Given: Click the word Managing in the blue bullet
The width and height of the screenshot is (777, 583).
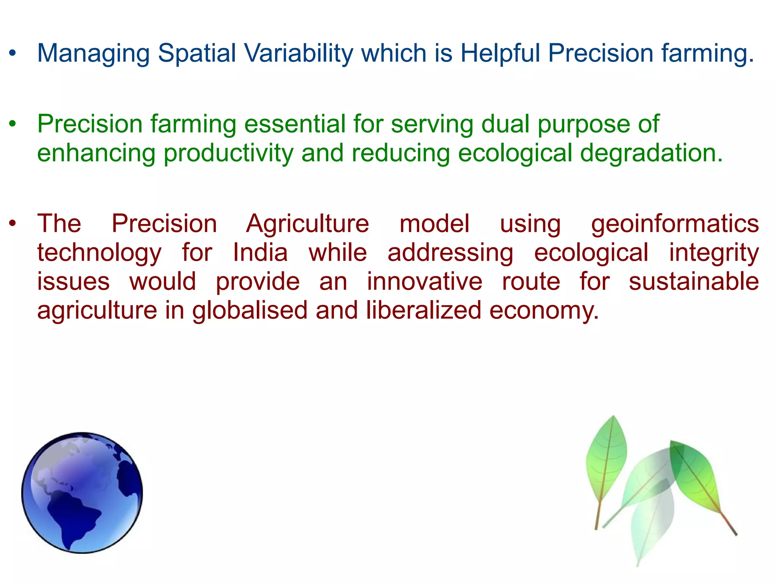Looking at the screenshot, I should [93, 53].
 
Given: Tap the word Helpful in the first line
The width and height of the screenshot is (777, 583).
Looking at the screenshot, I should [500, 53].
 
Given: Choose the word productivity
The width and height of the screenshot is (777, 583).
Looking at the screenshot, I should [228, 153].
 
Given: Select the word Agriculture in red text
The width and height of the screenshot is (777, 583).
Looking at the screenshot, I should [307, 224].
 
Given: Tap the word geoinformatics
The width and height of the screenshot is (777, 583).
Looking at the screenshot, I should [675, 224].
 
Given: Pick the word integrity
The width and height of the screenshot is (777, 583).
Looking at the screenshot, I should [714, 253].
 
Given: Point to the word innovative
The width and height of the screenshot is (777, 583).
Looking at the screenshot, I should [425, 282].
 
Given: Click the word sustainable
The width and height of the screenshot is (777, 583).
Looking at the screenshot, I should [694, 282].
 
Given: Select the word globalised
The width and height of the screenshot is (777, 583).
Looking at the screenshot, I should [250, 310].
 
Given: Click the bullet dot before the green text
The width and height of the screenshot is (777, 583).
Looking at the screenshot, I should [13, 124].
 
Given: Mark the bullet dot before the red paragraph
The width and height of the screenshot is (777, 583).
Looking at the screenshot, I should [13, 224].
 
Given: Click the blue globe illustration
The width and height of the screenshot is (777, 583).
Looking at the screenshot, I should [82, 493].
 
